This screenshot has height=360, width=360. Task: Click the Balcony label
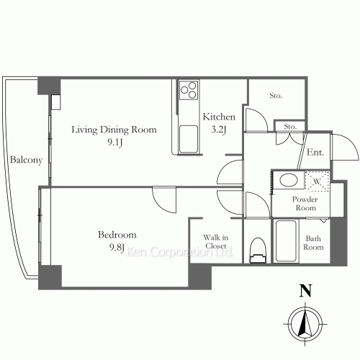coord(26,161)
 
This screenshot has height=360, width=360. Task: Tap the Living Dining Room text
coord(114,130)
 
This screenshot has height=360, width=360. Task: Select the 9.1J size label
coord(115,143)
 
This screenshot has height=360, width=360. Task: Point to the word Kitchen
coord(219,117)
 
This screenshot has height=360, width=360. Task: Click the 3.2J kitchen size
coord(219,130)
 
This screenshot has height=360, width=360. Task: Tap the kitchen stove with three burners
coord(189,90)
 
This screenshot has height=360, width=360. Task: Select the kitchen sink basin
coord(189,139)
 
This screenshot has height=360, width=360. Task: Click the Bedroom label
coord(117,235)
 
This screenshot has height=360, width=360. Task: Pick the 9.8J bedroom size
coord(117,247)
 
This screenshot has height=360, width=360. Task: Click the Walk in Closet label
coord(216,242)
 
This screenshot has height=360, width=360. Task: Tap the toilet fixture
coord(258,251)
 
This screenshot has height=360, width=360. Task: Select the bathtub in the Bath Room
coord(286,241)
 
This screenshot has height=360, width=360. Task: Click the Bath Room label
coord(313,243)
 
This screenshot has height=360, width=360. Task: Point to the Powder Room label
coord(305,204)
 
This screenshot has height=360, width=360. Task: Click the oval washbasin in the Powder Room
coord(289,180)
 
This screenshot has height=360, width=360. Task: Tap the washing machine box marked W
coord(317,181)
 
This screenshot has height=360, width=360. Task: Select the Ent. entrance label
coord(315,152)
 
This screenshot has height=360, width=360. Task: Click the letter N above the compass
coord(305,291)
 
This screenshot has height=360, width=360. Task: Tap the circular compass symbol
coord(305,324)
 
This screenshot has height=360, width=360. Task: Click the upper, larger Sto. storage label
coord(276,96)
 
